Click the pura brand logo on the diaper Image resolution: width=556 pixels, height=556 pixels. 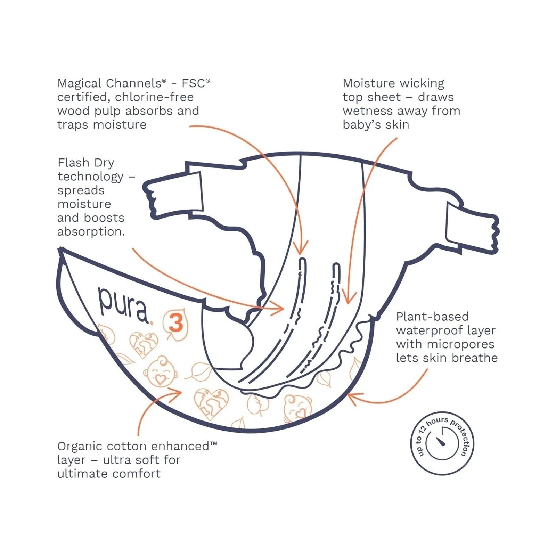(x=123, y=304)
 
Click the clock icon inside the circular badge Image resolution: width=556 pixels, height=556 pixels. (x=442, y=443)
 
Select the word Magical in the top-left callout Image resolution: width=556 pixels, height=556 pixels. (x=80, y=83)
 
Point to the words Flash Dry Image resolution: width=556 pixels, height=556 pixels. (x=86, y=163)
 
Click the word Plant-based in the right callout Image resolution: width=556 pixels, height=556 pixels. (x=432, y=317)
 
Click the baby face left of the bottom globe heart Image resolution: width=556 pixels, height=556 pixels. (x=161, y=370)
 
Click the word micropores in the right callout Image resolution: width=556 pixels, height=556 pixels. (x=460, y=344)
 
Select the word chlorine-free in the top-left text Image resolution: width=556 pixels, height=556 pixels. (x=154, y=97)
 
